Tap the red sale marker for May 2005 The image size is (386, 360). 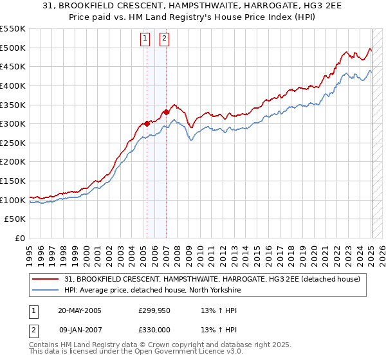click(147, 123)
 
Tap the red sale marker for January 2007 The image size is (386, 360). click(166, 112)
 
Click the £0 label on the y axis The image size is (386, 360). click(19, 239)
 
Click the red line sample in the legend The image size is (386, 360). click(46, 278)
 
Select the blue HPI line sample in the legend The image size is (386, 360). click(46, 289)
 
